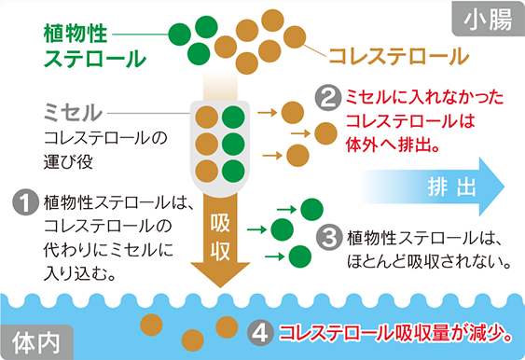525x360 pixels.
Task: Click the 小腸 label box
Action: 486,19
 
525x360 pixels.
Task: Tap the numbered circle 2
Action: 327,96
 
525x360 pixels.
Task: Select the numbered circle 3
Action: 327,236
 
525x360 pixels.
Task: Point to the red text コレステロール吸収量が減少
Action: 391,332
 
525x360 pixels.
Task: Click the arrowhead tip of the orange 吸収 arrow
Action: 221,284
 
